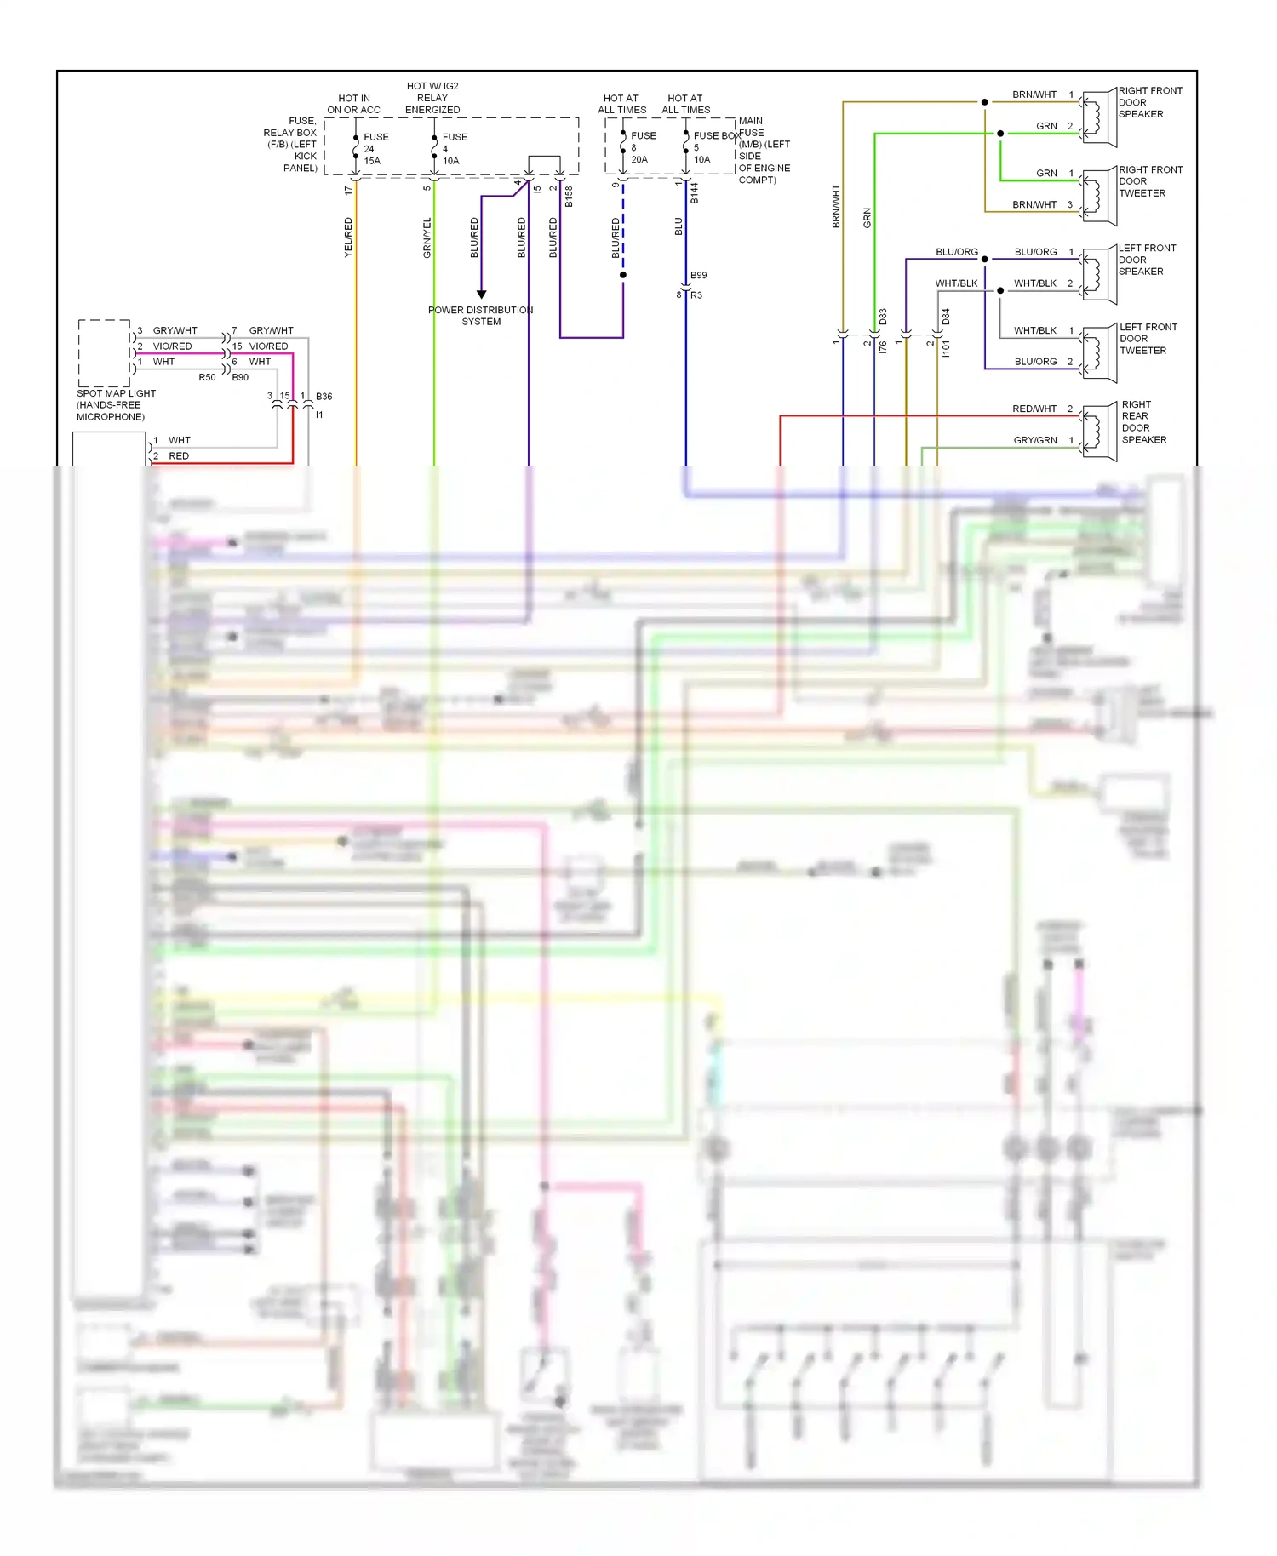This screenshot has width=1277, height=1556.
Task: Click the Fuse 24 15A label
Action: (375, 148)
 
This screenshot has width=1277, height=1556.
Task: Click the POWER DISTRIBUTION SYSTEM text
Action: (481, 315)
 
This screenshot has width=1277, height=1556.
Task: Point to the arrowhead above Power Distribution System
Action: (481, 295)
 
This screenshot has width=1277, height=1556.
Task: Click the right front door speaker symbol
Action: (1098, 117)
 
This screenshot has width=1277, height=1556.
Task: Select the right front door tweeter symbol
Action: (1098, 197)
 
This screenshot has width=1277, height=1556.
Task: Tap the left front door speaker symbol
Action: (1098, 275)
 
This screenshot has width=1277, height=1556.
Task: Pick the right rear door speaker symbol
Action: (1098, 432)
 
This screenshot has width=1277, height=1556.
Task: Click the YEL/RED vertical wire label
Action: (348, 237)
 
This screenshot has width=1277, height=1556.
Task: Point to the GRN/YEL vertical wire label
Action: (427, 237)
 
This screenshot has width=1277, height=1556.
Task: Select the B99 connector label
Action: (698, 275)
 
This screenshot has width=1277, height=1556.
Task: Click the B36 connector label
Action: (324, 397)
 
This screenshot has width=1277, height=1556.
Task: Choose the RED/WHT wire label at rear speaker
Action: (1034, 409)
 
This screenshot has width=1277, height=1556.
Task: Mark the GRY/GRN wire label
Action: (1034, 440)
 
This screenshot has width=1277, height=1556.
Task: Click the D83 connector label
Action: (883, 317)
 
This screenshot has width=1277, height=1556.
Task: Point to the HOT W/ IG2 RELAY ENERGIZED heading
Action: (432, 98)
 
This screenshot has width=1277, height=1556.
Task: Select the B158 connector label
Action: (569, 196)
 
